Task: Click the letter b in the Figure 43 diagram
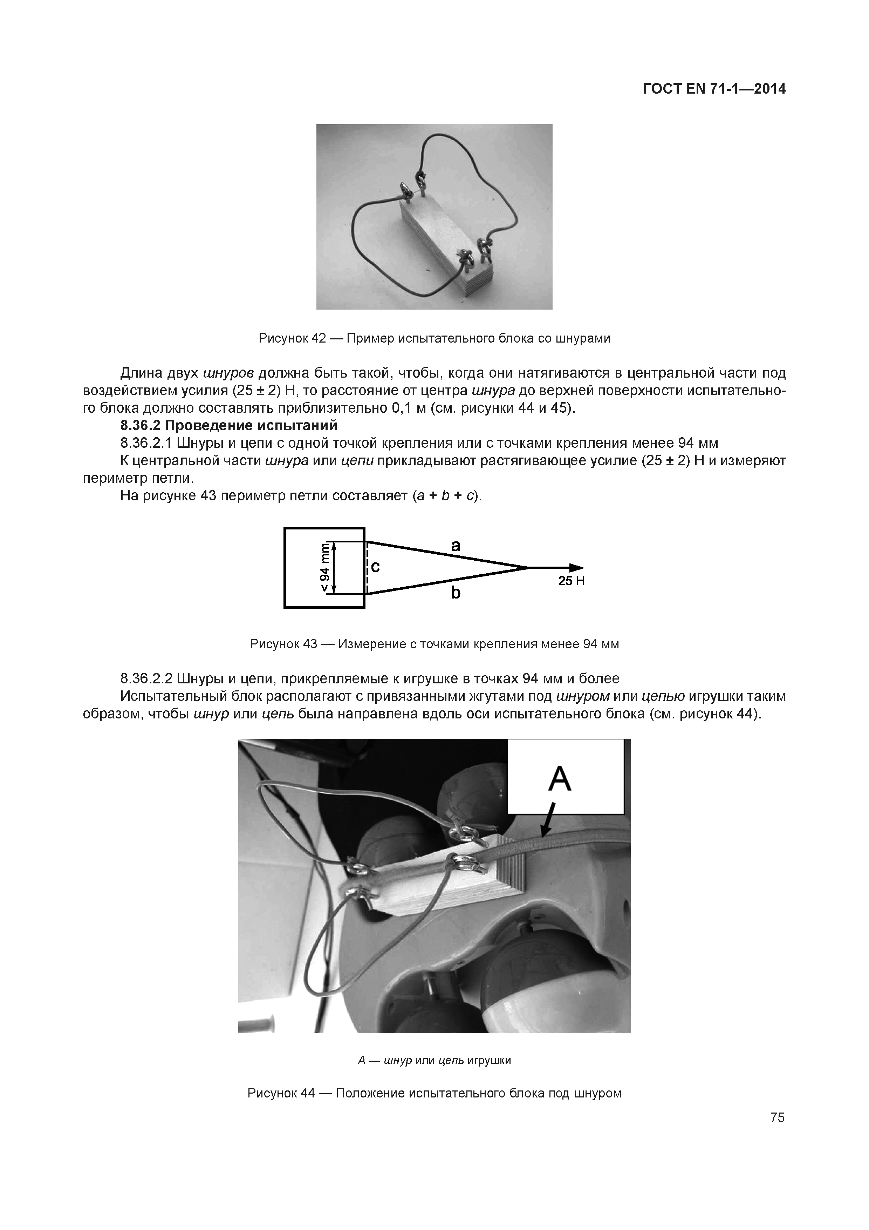[456, 593]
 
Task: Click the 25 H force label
[571, 581]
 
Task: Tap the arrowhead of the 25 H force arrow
[577, 567]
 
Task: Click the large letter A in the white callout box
[560, 779]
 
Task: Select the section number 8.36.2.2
[146, 679]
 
